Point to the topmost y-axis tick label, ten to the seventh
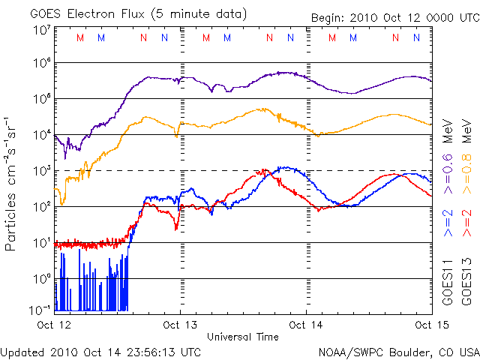pos(42,31)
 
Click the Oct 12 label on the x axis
pos(54,325)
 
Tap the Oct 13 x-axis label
pos(181,325)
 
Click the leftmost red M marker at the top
pos(80,37)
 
